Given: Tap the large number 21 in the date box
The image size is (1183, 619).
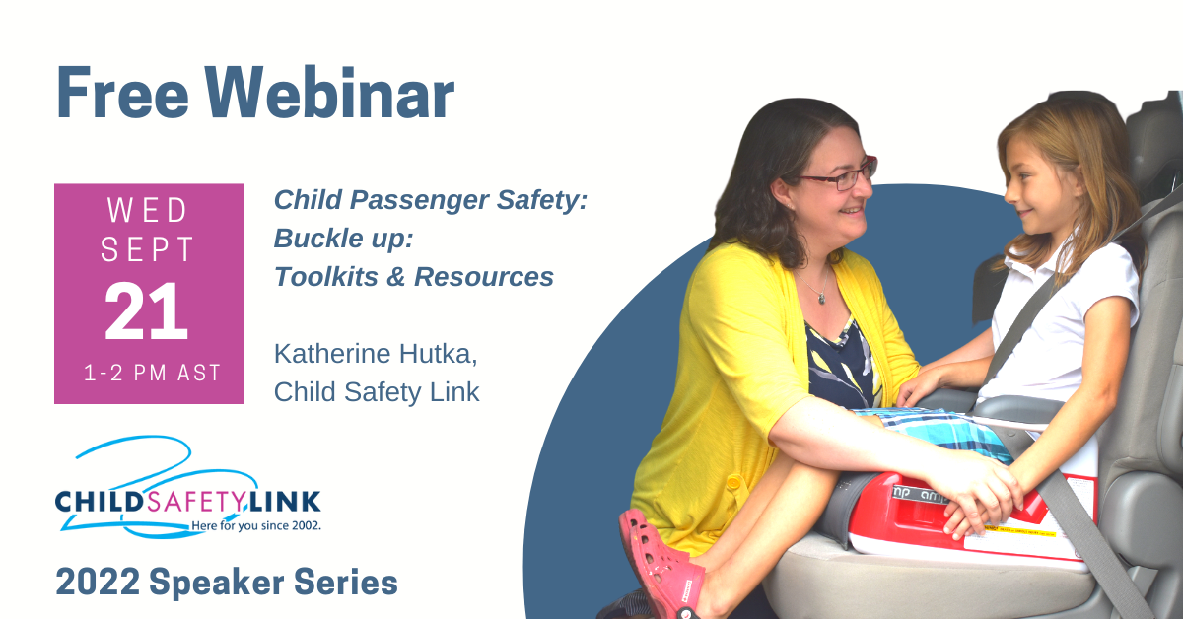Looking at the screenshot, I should pos(147,313).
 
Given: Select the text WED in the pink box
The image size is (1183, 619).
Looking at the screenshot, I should pos(148,211).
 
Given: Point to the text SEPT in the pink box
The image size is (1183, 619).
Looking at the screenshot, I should pos(148,252).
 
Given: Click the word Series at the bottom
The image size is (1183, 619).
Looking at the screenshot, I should pos(345,583).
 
